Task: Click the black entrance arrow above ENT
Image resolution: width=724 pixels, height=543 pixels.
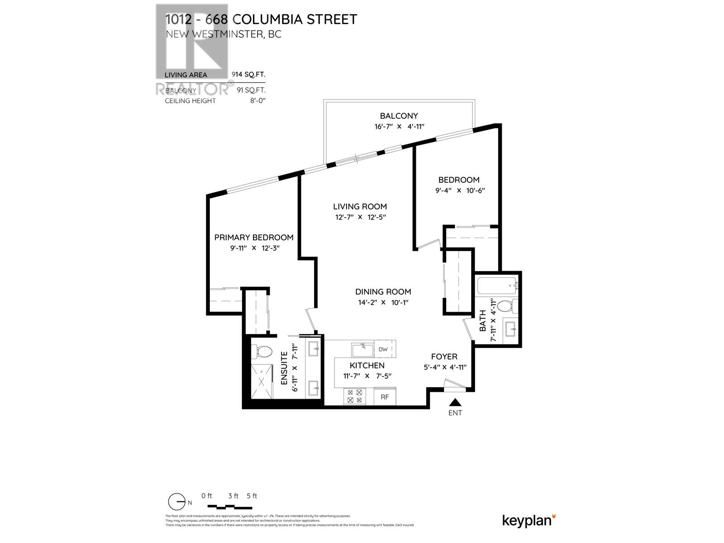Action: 455,402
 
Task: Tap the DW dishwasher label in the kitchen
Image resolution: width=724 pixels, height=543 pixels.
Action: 383,349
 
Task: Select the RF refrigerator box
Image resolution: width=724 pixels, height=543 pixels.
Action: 385,397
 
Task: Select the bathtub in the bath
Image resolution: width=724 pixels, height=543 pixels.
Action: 497,286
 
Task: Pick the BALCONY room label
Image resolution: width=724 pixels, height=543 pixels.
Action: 399,116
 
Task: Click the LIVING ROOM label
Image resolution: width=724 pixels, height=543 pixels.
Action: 360,206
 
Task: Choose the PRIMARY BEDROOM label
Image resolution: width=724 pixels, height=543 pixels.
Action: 253,237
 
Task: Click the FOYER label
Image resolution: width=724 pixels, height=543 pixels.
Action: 444,357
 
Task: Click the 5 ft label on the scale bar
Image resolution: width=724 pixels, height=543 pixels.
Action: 252,496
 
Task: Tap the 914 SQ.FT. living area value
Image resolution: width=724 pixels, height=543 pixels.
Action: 248,75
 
